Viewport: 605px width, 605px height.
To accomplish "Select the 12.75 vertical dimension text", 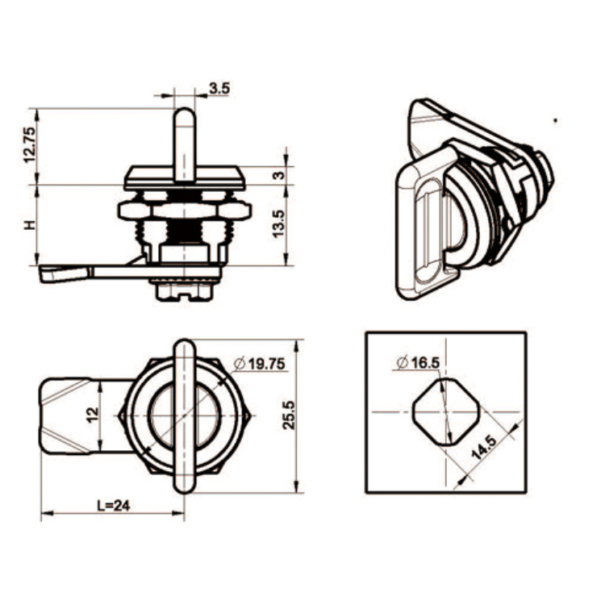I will click(30, 145).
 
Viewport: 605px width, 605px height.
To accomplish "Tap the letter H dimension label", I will click(30, 225).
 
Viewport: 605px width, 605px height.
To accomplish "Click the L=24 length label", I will click(112, 507).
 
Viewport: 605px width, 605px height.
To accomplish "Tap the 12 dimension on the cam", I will click(93, 415).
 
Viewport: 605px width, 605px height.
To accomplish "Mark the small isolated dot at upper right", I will click(555, 121).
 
